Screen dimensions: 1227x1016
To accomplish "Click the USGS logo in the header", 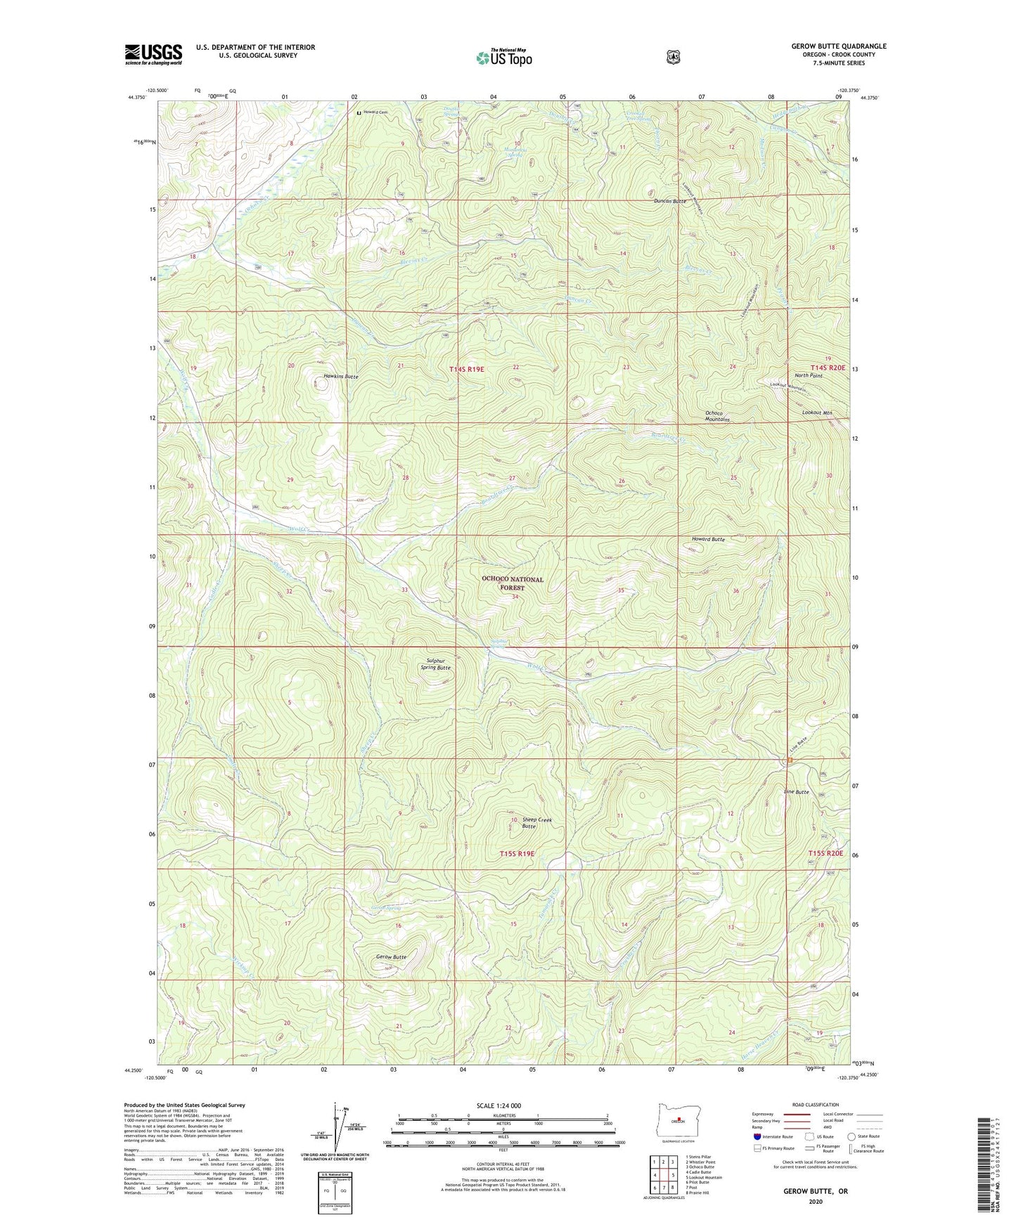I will (x=153, y=54).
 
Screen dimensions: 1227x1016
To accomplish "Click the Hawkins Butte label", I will (x=341, y=377).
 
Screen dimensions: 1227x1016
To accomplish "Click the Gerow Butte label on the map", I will (x=391, y=957).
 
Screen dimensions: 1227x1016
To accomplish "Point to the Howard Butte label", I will (x=707, y=539).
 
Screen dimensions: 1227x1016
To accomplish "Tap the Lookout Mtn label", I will (x=817, y=413).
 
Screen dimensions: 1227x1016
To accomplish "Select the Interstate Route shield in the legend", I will (x=757, y=1136).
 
